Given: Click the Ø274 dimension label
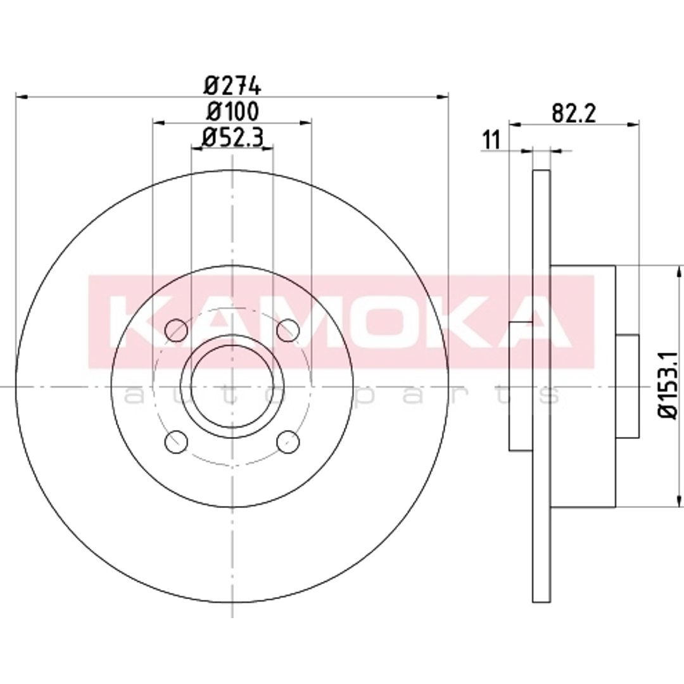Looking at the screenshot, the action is tap(232, 85).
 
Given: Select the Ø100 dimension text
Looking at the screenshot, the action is tap(232, 111).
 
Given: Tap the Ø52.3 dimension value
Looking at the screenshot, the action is tap(232, 138).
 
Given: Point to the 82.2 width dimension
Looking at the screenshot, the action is tap(574, 113).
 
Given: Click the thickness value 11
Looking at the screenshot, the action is tap(491, 141).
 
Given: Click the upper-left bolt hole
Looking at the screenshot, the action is tap(176, 330).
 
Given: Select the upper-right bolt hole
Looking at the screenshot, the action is tap(288, 330).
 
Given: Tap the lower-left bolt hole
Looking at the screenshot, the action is tap(176, 441).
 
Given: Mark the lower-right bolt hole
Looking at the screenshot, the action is tap(288, 441).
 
